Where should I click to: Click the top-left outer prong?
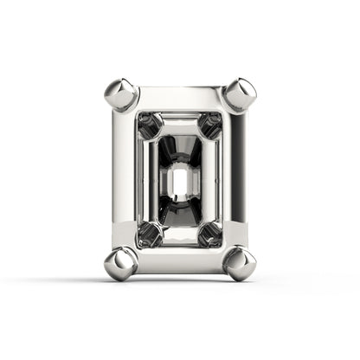[x=120, y=93]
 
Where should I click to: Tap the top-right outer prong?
[x=240, y=93]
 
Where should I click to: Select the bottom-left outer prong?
[x=120, y=260]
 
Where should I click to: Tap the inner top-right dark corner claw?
[x=209, y=124]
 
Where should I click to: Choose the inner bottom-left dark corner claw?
[x=150, y=232]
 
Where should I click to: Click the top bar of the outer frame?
[x=180, y=98]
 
